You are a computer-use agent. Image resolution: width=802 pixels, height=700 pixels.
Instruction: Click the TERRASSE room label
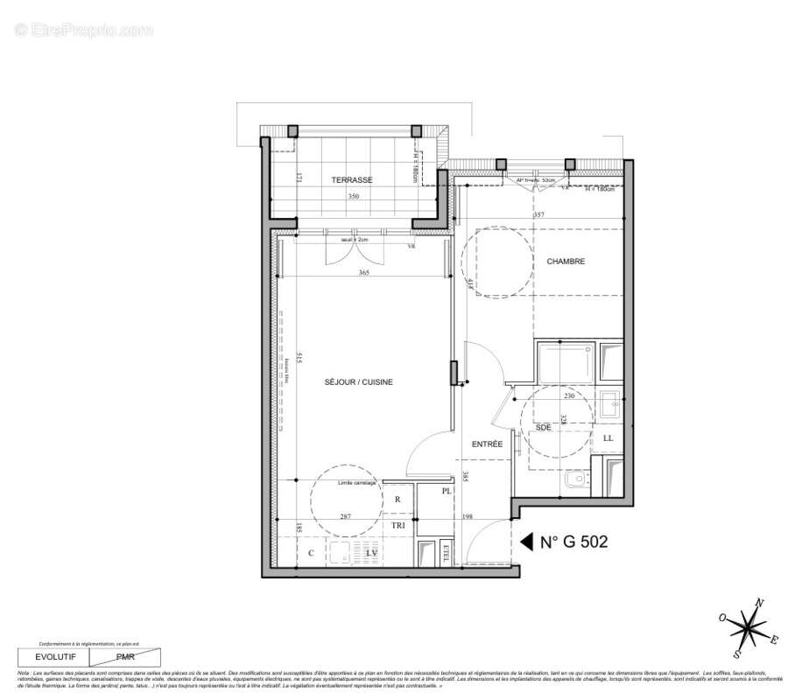(x=352, y=179)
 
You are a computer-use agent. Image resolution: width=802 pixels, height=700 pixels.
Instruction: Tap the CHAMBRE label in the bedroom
(x=566, y=262)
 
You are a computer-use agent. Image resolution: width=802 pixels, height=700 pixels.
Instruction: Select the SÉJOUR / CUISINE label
(x=359, y=382)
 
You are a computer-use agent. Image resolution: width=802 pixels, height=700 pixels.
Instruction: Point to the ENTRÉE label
(x=487, y=444)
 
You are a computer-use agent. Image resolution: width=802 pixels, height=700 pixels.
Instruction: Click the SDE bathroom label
(x=544, y=427)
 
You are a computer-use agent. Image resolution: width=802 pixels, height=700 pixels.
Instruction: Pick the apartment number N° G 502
(x=573, y=542)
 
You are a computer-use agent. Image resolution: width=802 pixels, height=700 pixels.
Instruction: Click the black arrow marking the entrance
(x=526, y=542)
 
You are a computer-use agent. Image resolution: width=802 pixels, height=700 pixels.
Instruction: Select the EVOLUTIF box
(x=54, y=655)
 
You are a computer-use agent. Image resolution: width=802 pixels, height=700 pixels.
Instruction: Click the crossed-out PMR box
(x=126, y=655)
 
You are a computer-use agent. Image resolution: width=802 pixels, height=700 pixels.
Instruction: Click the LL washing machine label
(x=609, y=437)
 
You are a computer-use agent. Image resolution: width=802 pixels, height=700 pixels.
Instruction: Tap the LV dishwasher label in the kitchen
(x=371, y=554)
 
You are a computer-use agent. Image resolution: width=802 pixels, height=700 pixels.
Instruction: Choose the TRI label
(x=398, y=525)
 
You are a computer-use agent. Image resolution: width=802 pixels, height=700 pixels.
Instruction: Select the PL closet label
(x=446, y=492)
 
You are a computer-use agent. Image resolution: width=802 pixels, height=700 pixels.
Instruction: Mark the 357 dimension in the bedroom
(x=539, y=214)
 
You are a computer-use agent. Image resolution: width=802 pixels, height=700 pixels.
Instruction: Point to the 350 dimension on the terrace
(x=353, y=197)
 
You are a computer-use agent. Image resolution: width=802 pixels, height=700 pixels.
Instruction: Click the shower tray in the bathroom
(x=566, y=362)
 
